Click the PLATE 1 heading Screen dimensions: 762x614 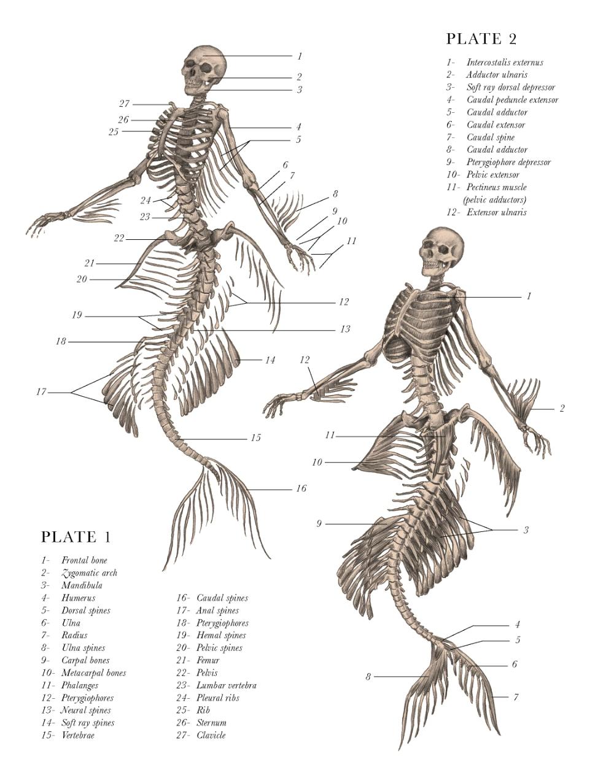pos(76,537)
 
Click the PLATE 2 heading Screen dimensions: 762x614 pos(481,39)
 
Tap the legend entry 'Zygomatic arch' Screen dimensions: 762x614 pos(89,573)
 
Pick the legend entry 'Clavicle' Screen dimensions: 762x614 pos(211,735)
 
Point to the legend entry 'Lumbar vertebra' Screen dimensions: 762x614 pos(226,685)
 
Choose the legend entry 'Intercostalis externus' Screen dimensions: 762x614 pos(505,62)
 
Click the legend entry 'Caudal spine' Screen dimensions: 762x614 pos(491,137)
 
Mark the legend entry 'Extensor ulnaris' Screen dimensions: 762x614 pos(496,212)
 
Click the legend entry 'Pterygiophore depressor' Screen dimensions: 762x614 pos(508,163)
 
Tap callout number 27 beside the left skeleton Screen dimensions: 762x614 pos(124,104)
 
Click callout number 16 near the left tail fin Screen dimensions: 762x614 pos(301,489)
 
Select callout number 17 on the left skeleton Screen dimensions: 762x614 pos(41,392)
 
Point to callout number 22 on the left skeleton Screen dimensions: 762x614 pos(119,239)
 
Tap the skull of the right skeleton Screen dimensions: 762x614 pos(441,250)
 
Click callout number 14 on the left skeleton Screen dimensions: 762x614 pos(270,360)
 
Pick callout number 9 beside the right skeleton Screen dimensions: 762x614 pos(319,524)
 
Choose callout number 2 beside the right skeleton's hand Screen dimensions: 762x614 pos(562,409)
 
